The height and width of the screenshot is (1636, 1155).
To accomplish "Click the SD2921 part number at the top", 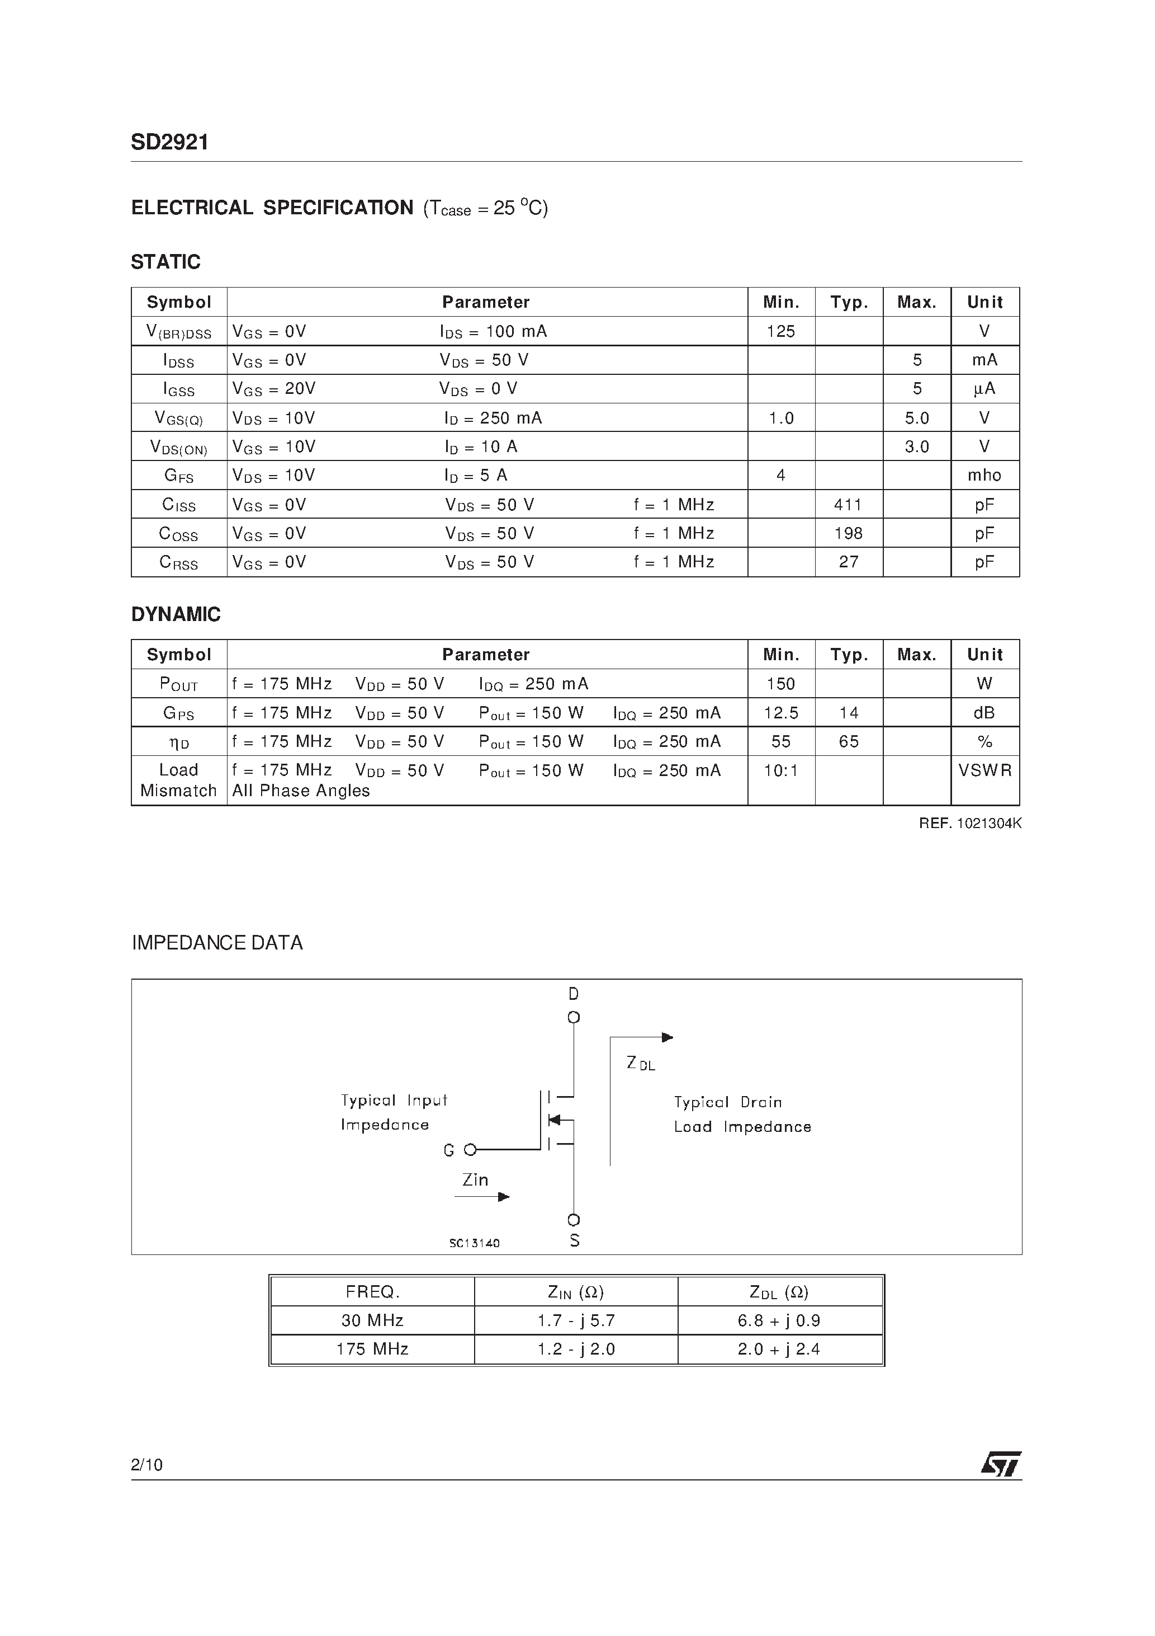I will [x=169, y=143].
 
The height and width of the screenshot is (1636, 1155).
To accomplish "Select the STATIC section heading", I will [x=165, y=262].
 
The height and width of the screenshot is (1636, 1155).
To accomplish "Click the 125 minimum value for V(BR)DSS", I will [x=780, y=331].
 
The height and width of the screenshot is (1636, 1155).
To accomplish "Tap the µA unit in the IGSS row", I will [x=984, y=389].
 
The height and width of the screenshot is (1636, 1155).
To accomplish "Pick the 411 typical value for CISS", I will [x=848, y=505].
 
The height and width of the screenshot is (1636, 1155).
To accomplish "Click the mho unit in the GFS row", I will [x=984, y=475].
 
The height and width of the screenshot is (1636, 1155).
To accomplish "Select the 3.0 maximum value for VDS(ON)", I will [x=916, y=446].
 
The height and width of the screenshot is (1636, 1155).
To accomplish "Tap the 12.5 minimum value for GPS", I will [x=780, y=713].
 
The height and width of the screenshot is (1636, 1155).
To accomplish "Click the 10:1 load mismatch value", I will [x=780, y=771].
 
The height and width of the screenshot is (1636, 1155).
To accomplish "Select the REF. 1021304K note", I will [x=970, y=824].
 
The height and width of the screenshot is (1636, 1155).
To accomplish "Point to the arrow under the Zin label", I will [x=482, y=1197].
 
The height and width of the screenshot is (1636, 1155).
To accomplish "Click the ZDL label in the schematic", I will [x=640, y=1064].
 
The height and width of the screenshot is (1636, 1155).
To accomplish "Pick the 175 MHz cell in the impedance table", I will [x=372, y=1349].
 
